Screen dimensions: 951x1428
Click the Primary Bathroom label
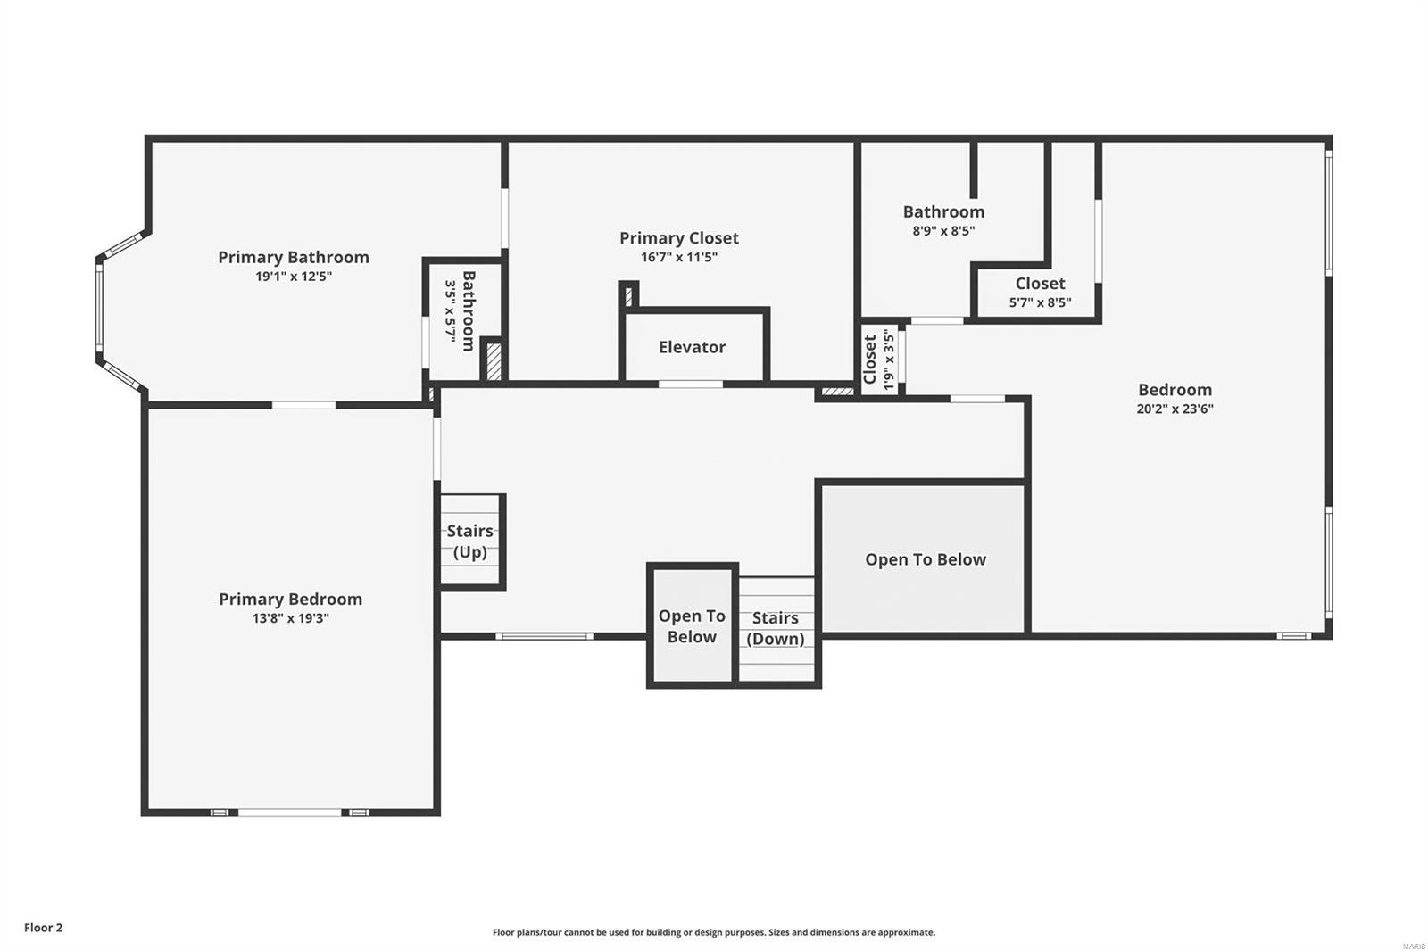[293, 257]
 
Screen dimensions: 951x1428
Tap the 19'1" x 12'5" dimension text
[293, 277]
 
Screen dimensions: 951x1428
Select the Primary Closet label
[678, 237]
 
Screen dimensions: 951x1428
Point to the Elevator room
[692, 347]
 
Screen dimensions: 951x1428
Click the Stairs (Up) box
[470, 542]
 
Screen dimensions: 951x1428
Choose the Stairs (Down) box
[775, 628]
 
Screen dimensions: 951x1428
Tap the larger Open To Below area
[925, 559]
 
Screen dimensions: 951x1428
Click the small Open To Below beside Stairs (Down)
[692, 625]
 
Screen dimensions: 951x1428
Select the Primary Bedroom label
[290, 599]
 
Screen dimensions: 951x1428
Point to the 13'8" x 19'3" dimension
[290, 618]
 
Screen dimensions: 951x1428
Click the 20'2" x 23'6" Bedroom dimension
[1175, 409]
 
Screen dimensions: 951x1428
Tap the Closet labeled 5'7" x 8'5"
[1040, 292]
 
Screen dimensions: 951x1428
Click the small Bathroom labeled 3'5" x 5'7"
[461, 311]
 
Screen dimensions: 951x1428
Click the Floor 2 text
[43, 928]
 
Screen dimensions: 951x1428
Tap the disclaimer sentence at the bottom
[714, 932]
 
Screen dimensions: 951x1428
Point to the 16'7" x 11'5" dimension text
[678, 258]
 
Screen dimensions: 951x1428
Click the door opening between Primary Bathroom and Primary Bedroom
[303, 405]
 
